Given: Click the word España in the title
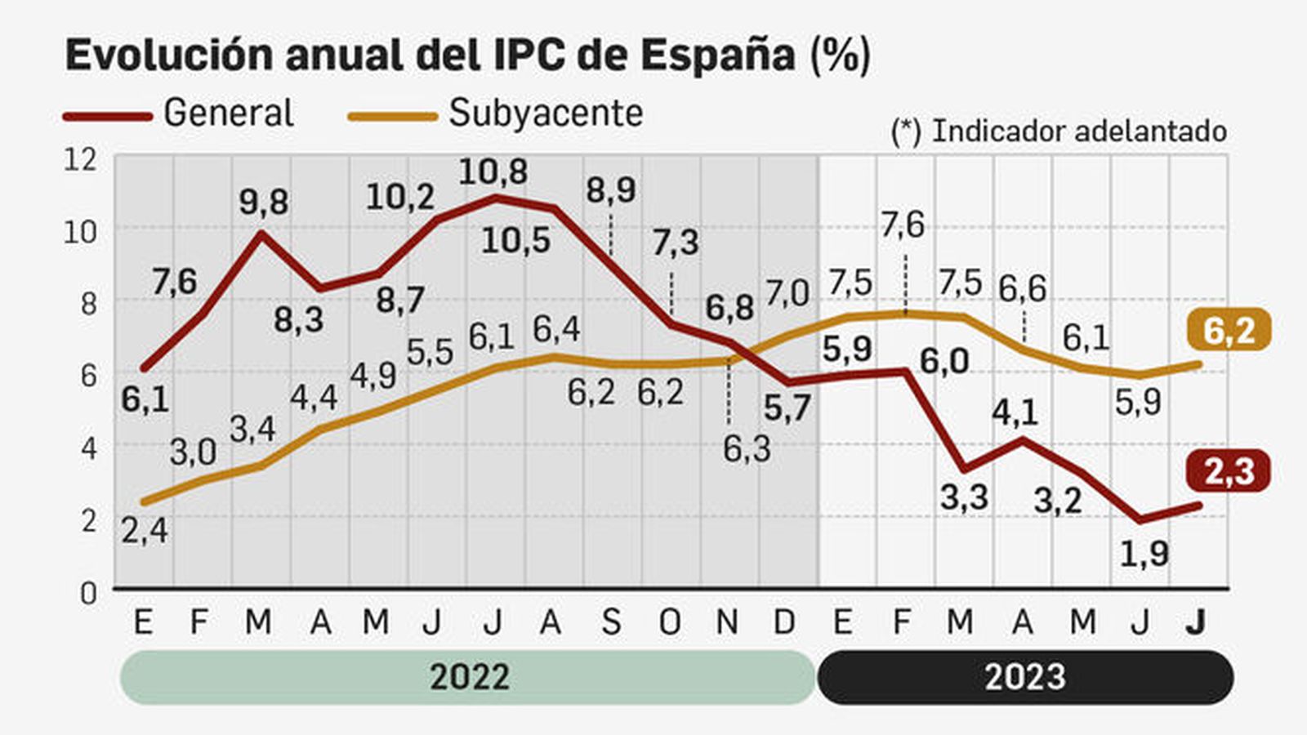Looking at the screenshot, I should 716,56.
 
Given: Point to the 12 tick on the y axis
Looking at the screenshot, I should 80,159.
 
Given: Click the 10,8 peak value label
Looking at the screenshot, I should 493,171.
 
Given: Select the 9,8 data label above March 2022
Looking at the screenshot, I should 263,202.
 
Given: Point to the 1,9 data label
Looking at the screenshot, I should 1144,555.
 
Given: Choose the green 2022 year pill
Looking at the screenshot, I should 469,677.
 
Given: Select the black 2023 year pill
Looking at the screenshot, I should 1024,677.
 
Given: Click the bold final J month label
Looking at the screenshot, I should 1195,623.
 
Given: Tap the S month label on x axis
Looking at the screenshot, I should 611,623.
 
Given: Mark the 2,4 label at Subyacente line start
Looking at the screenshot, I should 145,531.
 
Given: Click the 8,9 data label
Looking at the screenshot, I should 611,190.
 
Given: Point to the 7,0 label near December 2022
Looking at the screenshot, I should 787,293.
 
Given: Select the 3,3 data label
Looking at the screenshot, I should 964,497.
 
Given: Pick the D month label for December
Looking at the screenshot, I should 784,623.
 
